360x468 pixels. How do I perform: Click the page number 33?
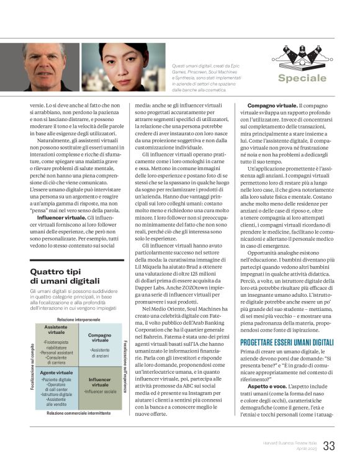coord(329,446)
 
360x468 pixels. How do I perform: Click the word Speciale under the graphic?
coord(302,78)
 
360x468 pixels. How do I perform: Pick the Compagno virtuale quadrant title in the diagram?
coord(99,338)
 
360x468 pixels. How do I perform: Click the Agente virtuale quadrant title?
coord(56,373)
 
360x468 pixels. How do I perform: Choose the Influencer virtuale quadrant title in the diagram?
coord(99,382)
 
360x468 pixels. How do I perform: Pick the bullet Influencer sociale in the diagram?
coord(100,392)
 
